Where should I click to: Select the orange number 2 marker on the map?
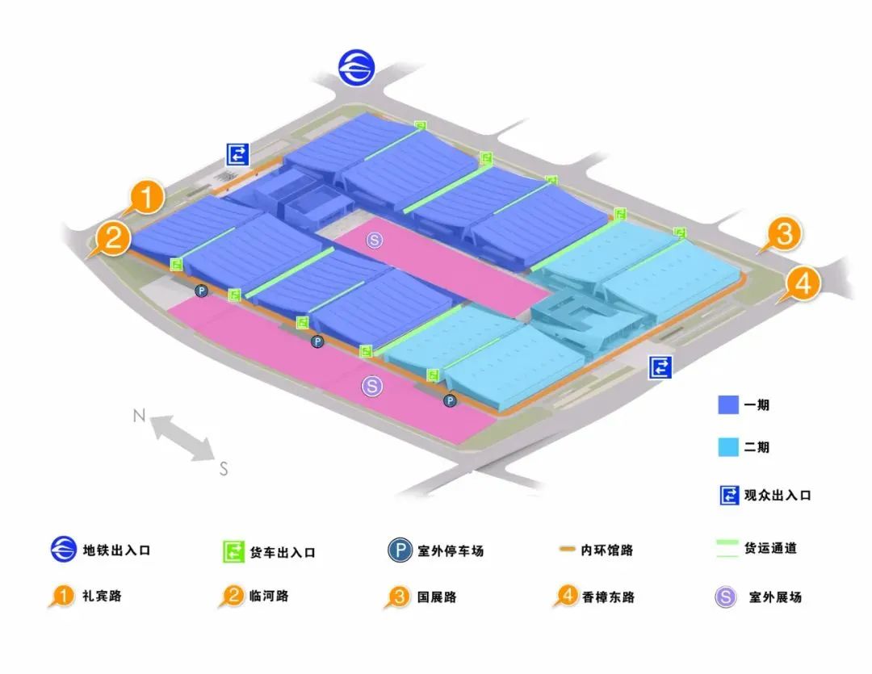[x=113, y=237]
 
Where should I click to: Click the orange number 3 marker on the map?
[x=784, y=235]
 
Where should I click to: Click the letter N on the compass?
[x=139, y=416]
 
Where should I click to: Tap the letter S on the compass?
[x=224, y=468]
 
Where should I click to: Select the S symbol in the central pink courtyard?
[x=373, y=239]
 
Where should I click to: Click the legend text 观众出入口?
[x=778, y=496]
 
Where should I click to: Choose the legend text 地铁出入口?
[x=116, y=551]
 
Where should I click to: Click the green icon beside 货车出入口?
[x=233, y=552]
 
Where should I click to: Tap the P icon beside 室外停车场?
[x=400, y=551]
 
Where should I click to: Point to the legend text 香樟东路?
[x=608, y=597]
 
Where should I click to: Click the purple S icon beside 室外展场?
[x=726, y=597]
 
